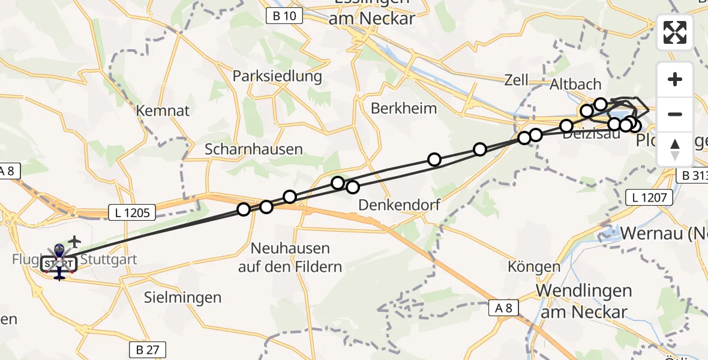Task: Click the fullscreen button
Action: pyautogui.click(x=675, y=32)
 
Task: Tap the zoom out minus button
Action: pyautogui.click(x=675, y=114)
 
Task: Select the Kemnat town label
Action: pyautogui.click(x=154, y=111)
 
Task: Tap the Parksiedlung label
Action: pyautogui.click(x=277, y=77)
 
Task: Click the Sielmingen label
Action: pyautogui.click(x=183, y=297)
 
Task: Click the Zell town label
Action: pyautogui.click(x=516, y=80)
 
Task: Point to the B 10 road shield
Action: pyautogui.click(x=284, y=16)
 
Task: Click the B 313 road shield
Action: pyautogui.click(x=694, y=175)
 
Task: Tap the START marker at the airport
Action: pyautogui.click(x=58, y=264)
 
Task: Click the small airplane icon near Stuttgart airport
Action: pyautogui.click(x=74, y=241)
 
